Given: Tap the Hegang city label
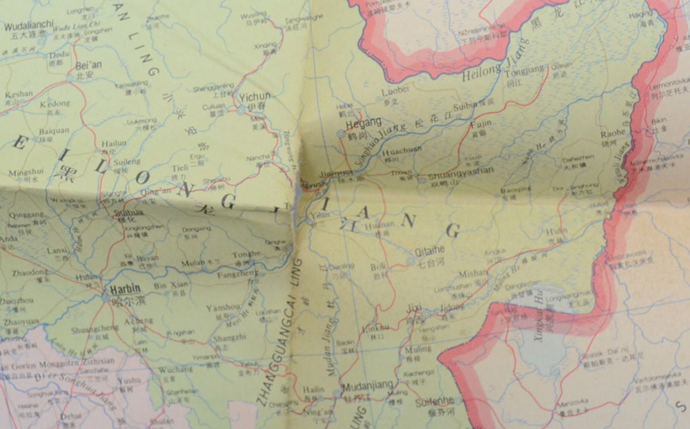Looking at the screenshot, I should point(363,122).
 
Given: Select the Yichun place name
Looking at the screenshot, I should point(257,97).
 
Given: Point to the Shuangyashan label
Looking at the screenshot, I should point(461,170).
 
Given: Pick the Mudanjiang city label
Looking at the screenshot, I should point(368,385).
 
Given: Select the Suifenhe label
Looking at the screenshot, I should point(435,401).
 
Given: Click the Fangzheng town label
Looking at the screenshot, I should point(237,273).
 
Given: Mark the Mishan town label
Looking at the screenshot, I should point(473,273).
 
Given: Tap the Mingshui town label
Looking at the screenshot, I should point(26,172).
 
